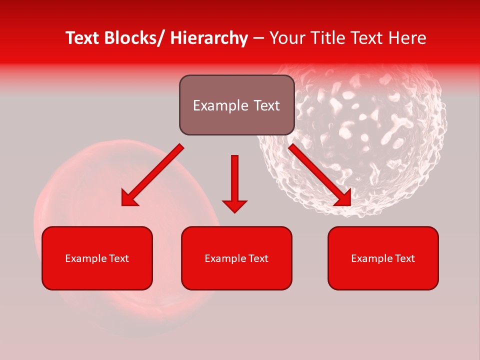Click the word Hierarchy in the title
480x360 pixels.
209,38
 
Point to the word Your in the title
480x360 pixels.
287,38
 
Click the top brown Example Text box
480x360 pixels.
236,105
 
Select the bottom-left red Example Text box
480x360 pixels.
97,258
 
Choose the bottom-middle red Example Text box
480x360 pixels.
236,258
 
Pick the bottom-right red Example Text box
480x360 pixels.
383,258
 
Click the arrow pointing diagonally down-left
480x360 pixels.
152,175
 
